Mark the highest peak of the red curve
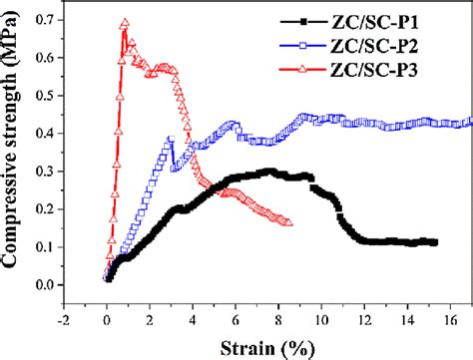(x=125, y=23)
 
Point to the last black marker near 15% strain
(x=434, y=242)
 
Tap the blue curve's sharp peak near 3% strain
(x=171, y=140)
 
